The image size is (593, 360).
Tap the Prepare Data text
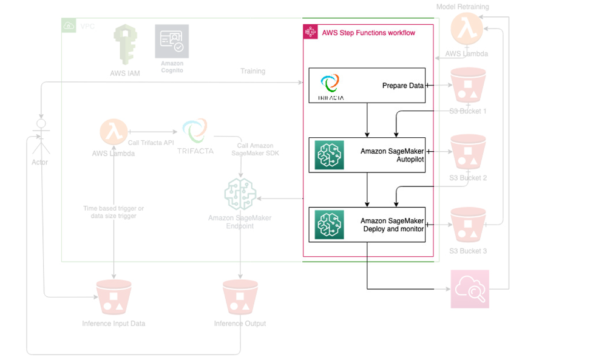tap(402, 86)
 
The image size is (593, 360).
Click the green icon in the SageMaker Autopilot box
tap(329, 155)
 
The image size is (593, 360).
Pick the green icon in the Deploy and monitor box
tap(329, 225)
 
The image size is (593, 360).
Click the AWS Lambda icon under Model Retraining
tap(467, 29)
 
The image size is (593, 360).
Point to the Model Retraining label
tap(463, 7)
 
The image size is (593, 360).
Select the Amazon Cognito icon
tap(172, 41)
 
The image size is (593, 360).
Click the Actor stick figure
tap(39, 138)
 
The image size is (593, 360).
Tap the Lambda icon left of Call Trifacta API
tap(114, 132)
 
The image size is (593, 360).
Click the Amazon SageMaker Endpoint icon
tap(240, 194)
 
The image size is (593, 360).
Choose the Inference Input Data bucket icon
tap(114, 297)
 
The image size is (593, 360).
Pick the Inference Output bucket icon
tap(240, 297)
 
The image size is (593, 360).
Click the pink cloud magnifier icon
tap(470, 290)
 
